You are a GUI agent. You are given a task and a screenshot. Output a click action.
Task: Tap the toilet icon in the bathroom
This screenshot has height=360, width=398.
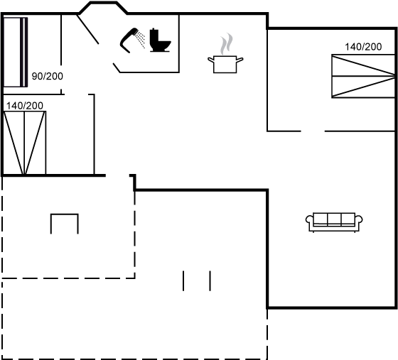[x=160, y=40]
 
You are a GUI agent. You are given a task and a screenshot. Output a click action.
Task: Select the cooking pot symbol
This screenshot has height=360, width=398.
[x=225, y=65]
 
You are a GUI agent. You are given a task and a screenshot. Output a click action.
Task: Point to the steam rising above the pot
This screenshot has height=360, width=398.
[x=227, y=43]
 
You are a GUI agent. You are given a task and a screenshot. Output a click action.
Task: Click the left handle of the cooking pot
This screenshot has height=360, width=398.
[x=211, y=60]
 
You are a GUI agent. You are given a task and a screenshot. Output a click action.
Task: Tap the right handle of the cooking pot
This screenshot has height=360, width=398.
[x=240, y=60]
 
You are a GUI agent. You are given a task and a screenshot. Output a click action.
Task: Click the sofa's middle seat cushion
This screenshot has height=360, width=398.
[x=334, y=219]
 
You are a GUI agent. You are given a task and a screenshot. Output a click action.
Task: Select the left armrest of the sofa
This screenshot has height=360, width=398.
[x=309, y=219]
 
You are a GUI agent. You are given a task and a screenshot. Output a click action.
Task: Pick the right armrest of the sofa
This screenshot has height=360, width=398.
[x=359, y=219]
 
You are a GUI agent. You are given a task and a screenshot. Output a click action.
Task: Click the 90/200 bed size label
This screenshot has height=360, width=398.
[x=48, y=76]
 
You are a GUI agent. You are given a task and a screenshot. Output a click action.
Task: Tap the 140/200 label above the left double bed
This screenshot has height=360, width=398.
[x=25, y=106]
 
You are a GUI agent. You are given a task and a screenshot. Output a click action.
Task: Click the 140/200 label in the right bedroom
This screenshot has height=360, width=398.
[x=363, y=47]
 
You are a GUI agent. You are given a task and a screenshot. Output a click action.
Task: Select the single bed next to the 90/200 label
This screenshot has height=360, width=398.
[x=15, y=53]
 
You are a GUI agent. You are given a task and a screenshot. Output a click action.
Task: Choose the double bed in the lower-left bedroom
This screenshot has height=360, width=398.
[x=25, y=143]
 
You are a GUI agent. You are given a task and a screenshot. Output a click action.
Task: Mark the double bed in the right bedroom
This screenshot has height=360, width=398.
[x=363, y=76]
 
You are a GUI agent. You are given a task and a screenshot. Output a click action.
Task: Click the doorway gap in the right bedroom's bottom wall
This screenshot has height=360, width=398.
[x=313, y=131]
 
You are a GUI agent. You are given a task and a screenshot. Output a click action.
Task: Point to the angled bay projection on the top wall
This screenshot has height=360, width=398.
[x=103, y=8]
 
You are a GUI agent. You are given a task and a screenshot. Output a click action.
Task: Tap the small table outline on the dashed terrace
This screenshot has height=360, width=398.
[x=65, y=224]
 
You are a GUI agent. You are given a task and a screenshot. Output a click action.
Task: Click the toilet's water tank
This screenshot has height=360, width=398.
[x=154, y=37]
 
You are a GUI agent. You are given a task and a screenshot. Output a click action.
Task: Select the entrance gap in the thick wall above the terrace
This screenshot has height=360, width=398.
[x=117, y=175]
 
